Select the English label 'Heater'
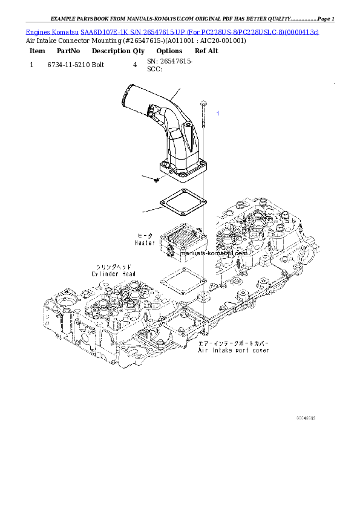tap(145, 242)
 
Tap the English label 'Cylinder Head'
tap(114, 274)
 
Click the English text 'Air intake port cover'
tap(234, 350)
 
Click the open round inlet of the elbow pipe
tap(129, 97)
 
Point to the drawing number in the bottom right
tap(306, 418)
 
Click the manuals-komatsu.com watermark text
tap(223, 254)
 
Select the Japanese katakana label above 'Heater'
tap(145, 235)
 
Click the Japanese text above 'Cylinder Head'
tap(113, 267)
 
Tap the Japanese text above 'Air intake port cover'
tap(234, 342)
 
